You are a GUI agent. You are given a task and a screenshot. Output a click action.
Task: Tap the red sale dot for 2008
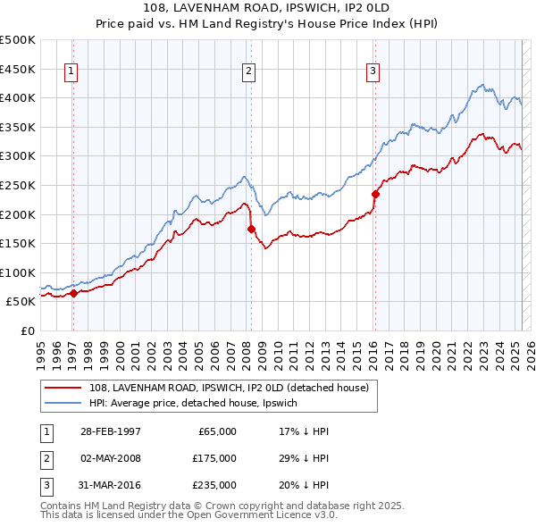point(251,229)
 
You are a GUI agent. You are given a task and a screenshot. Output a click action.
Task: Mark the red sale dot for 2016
point(375,194)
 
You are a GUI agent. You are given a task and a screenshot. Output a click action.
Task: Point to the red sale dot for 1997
point(74,293)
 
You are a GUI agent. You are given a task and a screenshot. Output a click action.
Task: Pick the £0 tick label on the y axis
point(27,330)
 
